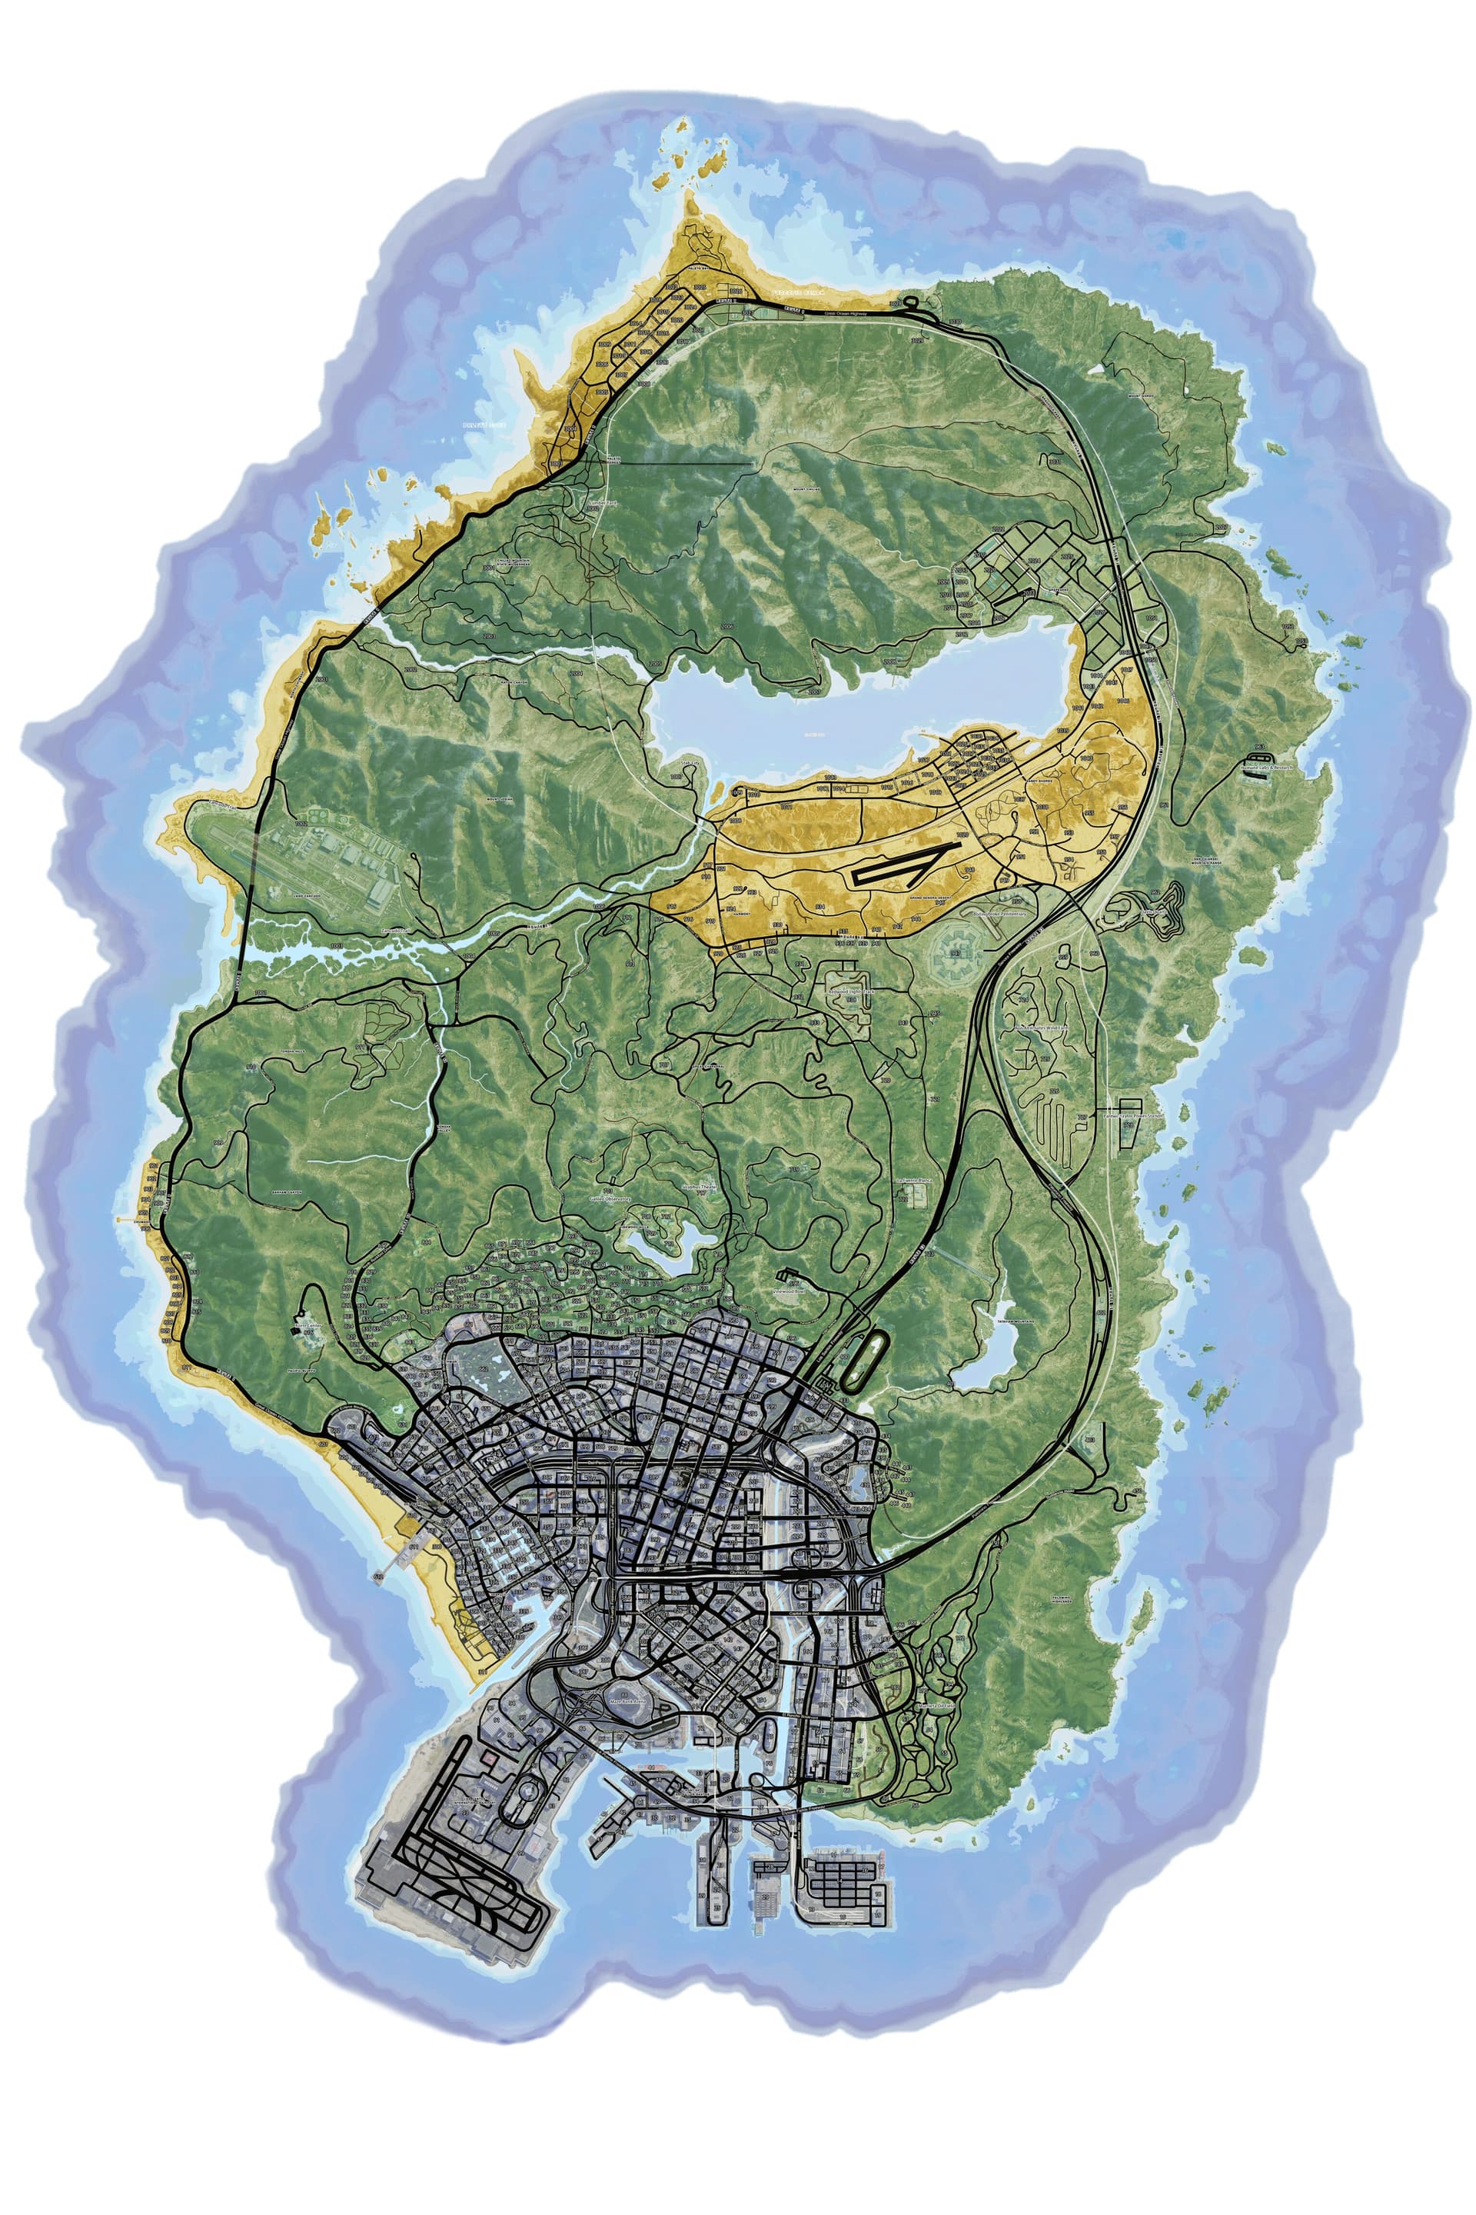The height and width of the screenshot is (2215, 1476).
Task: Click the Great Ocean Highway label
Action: tap(843, 314)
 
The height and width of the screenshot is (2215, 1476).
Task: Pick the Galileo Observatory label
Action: tap(610, 1199)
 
